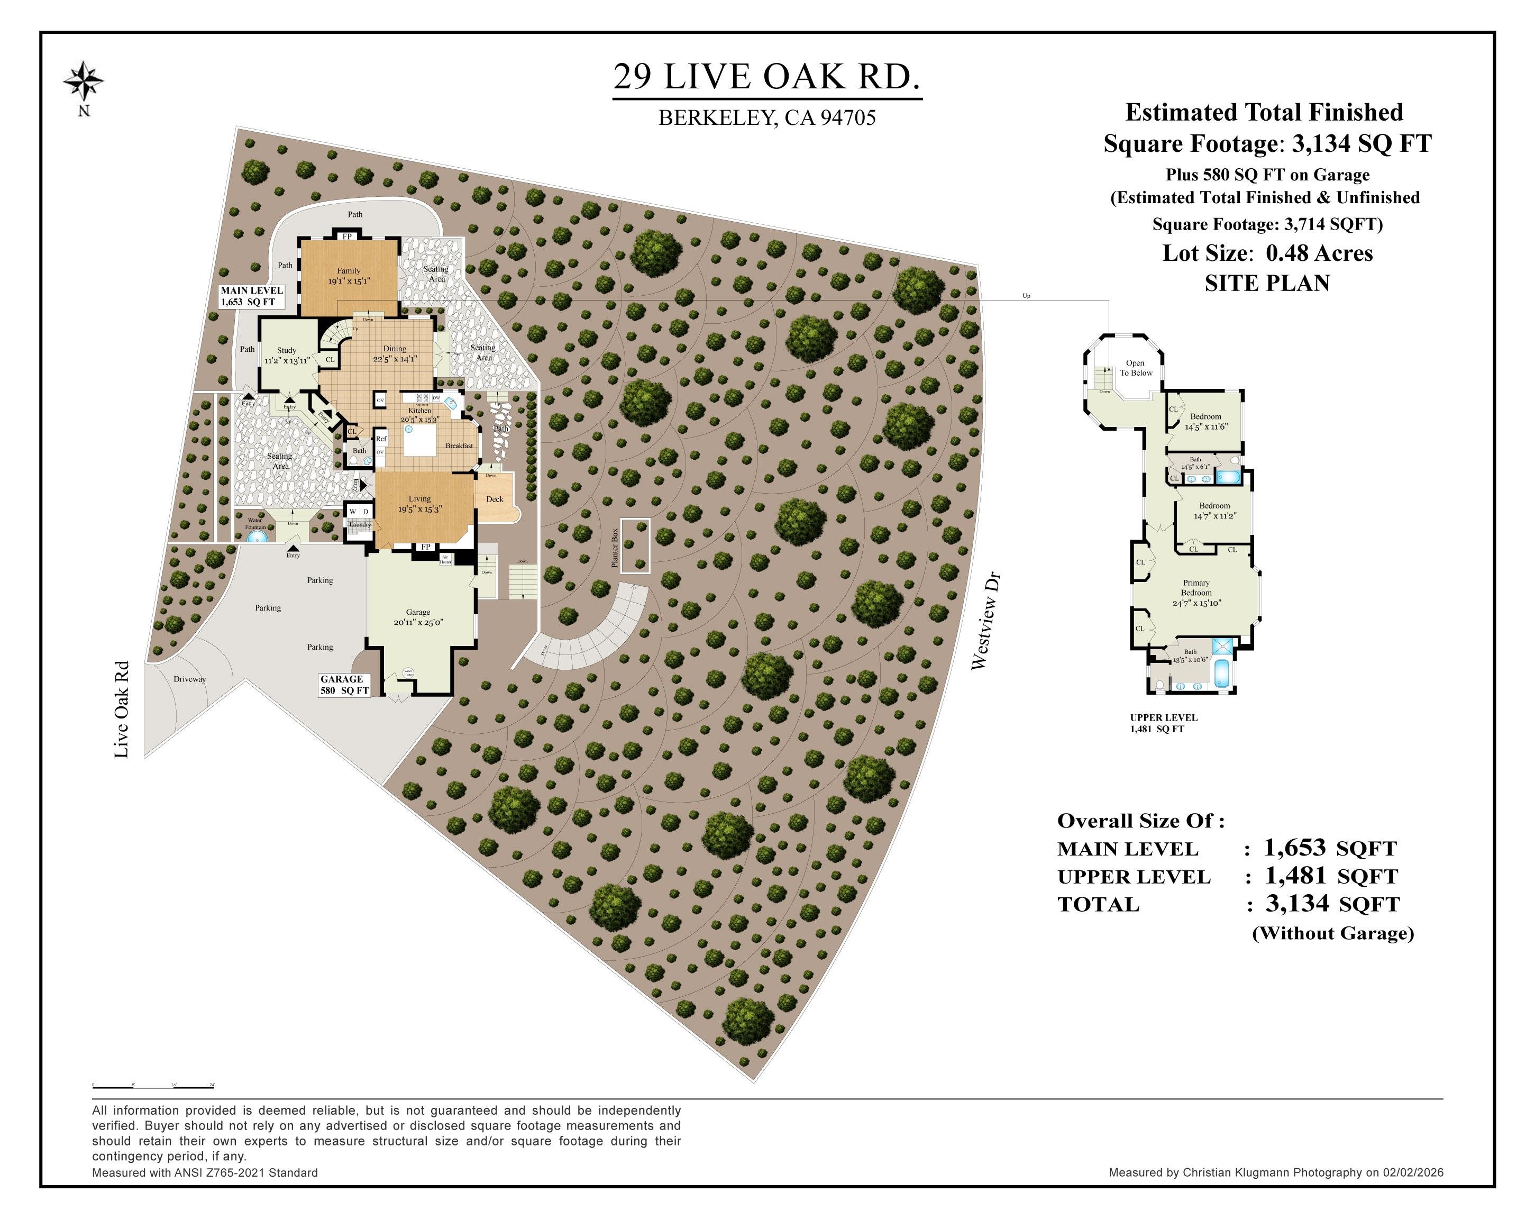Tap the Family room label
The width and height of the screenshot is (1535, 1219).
tap(349, 275)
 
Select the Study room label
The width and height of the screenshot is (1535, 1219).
tap(286, 354)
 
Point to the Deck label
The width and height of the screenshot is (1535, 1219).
tap(494, 499)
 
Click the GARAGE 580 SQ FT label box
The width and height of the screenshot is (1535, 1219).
tap(344, 684)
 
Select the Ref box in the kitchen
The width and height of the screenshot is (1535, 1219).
tap(381, 439)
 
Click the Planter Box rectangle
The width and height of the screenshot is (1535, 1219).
tap(634, 545)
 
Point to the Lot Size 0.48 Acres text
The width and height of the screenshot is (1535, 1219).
tap(1267, 253)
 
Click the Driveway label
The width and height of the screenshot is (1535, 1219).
tap(189, 679)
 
